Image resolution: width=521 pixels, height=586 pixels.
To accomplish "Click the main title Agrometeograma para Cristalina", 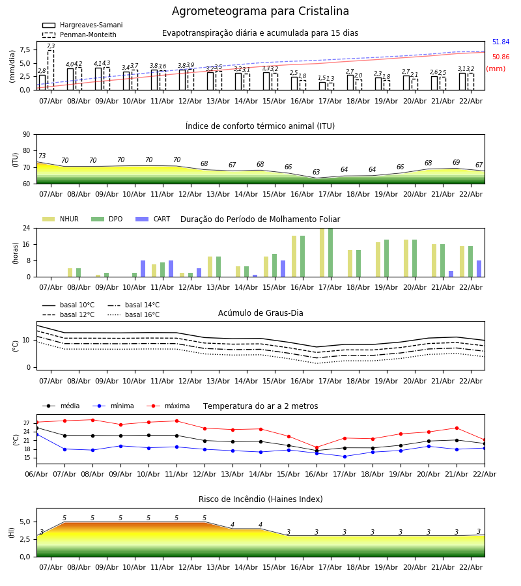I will (260, 12).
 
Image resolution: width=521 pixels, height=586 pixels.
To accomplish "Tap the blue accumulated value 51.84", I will (500, 42).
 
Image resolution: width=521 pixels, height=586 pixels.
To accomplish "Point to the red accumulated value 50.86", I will (500, 57).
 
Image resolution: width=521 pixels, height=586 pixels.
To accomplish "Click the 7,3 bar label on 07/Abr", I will (51, 47).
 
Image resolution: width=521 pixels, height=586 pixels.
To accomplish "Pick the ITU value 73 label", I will (42, 156).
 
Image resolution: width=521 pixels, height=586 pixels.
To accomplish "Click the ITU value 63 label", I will (317, 173).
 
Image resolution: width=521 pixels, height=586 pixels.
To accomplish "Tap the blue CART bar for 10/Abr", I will (143, 268).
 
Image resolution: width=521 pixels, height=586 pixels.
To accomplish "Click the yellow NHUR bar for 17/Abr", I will (322, 253).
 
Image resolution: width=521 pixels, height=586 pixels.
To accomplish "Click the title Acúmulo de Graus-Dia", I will (260, 313).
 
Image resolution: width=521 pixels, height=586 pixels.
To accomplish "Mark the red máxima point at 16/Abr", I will (317, 447).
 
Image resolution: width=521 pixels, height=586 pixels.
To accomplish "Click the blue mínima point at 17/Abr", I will (345, 456).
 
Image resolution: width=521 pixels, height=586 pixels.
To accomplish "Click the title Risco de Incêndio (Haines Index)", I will (260, 499).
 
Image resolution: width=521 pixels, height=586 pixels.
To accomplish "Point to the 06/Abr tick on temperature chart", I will (36, 473).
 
